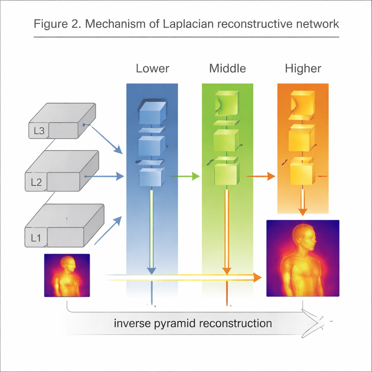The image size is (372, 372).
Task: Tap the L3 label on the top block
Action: point(39,131)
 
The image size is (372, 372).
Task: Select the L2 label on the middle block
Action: point(36,182)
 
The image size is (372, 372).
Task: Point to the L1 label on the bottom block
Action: point(36,238)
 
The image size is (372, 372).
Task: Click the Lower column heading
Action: point(152,68)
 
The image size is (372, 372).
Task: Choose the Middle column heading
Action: point(227,68)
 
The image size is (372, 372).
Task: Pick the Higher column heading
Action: point(303,68)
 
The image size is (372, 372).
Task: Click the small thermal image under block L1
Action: point(67,275)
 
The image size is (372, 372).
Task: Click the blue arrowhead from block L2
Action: point(120,177)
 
